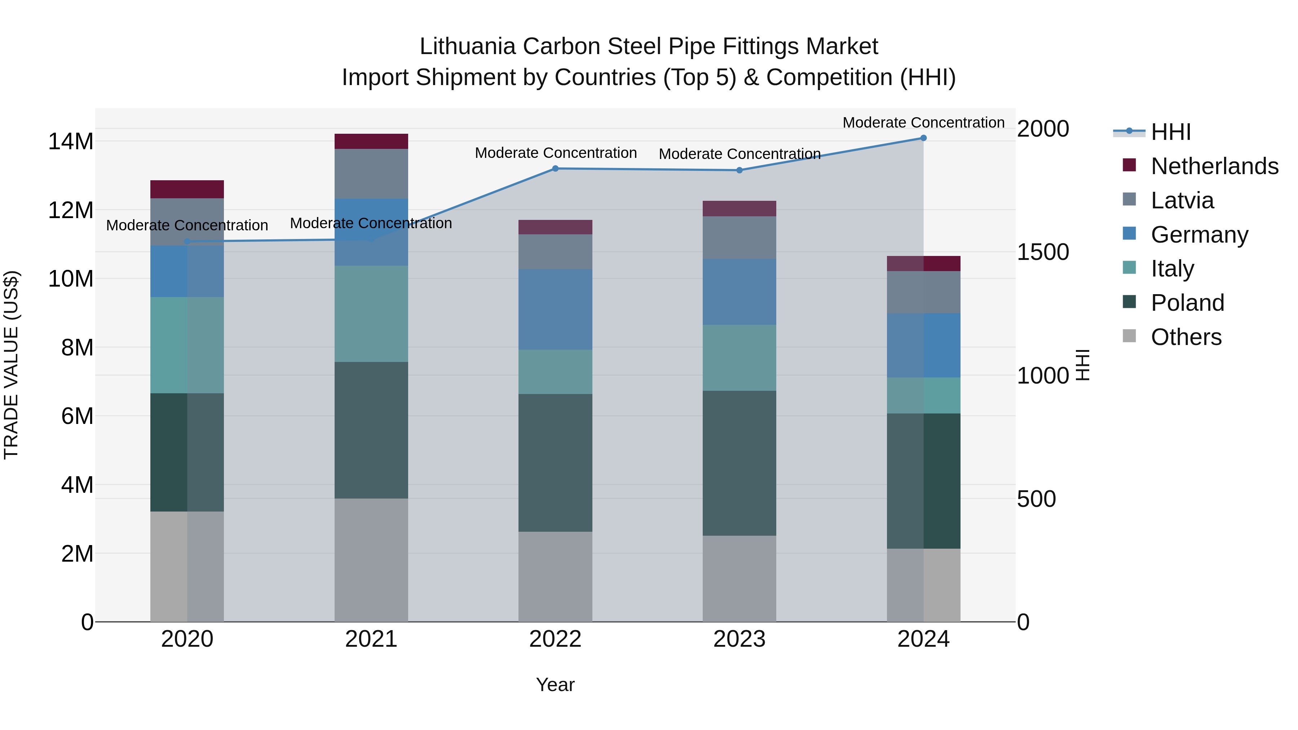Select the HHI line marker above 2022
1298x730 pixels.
pos(555,168)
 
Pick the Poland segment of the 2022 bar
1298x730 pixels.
pos(555,463)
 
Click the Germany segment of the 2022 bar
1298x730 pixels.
pos(555,309)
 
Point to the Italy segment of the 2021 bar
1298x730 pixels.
pos(371,313)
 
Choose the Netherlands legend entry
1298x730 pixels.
pos(1214,166)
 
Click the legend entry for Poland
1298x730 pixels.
pos(1187,302)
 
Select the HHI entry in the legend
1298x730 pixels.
pos(1170,132)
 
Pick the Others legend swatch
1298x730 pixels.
pos(1130,336)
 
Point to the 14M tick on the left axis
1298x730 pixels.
pos(71,142)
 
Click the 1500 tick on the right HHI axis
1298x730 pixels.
pos(1042,252)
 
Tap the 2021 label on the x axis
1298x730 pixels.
pos(371,639)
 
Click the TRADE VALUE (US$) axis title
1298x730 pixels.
pos(11,365)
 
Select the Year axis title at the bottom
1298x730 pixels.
pos(555,685)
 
